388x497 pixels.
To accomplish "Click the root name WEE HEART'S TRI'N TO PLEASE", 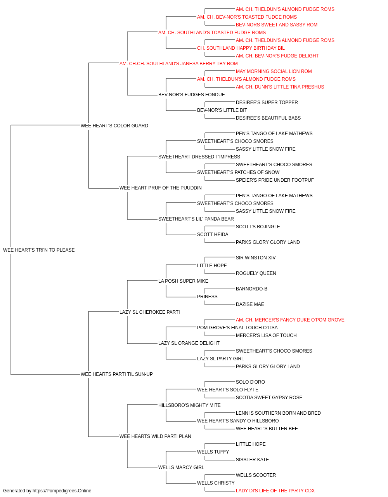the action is coord(39,250).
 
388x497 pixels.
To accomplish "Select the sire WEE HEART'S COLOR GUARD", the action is coord(114,126).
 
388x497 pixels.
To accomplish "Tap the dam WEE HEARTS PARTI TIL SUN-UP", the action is coord(117,374).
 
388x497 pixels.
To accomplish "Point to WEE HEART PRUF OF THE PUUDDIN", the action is coord(161,188).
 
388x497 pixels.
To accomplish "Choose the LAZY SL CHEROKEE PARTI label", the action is coord(150,312).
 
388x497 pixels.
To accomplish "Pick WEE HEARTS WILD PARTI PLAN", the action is coord(155,436).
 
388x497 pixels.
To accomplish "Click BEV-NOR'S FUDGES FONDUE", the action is coord(192,95).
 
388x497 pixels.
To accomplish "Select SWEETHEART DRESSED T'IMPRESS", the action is coord(199,156).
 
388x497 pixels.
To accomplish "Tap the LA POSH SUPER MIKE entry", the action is coord(183,281).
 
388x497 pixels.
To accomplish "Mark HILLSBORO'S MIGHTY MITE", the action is coord(189,405).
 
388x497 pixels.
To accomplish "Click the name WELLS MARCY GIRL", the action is coord(181,467).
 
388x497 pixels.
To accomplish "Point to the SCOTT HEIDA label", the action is coord(213,235).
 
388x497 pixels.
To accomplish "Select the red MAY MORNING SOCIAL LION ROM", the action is coord(274,71).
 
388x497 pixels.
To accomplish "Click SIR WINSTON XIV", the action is coord(256,258).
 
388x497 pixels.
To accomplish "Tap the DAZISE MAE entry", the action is coord(250,304).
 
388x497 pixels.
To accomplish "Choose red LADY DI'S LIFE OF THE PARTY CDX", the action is coord(275,491).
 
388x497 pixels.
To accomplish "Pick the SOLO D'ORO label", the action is coord(250,382).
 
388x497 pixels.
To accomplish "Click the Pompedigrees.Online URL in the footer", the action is coord(62,491).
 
